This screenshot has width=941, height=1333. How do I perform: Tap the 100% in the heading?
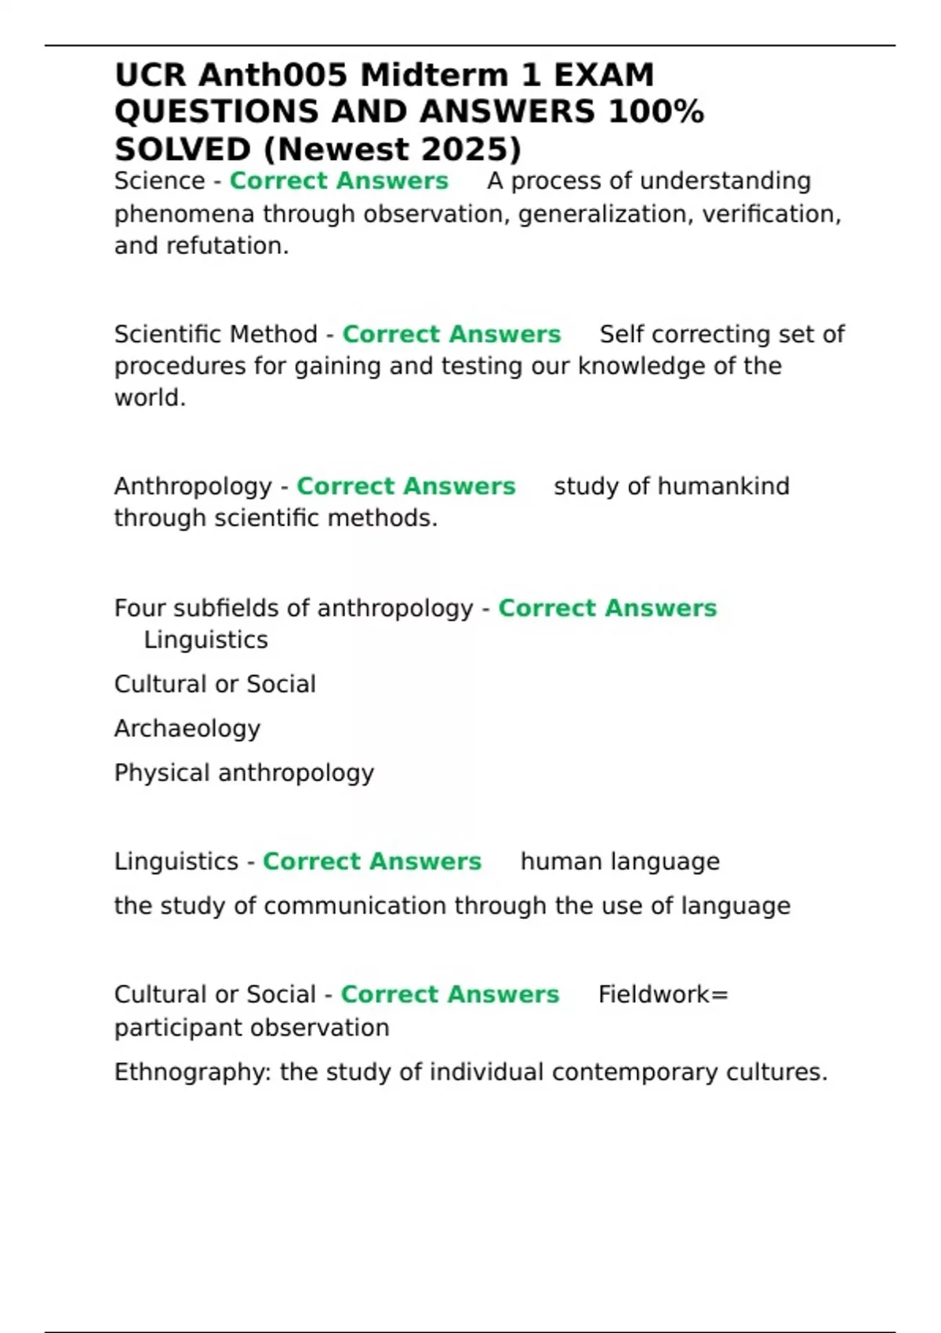tap(656, 112)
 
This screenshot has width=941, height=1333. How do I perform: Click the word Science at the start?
tap(159, 181)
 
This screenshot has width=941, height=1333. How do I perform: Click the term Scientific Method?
tap(216, 334)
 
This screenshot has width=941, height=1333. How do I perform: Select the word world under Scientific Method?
tap(148, 398)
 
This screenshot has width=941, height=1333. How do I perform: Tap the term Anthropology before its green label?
tap(193, 486)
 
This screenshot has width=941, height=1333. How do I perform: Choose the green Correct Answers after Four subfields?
tap(607, 608)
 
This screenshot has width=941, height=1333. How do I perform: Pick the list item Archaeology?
tap(187, 728)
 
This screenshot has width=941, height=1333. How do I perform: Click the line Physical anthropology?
tap(244, 773)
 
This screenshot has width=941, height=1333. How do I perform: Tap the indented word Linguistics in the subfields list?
tap(205, 641)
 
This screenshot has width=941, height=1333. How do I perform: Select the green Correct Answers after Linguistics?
tap(372, 862)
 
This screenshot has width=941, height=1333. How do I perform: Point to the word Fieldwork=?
tap(663, 995)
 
